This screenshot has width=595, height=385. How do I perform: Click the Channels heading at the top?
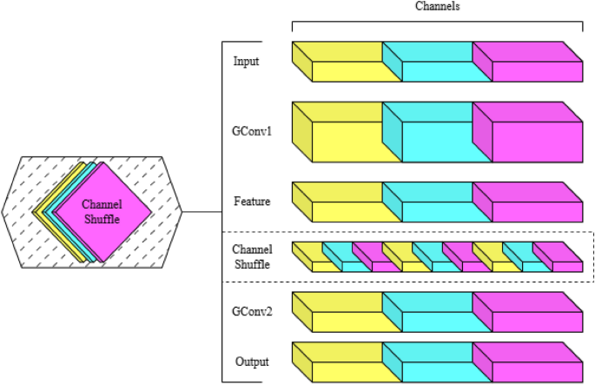click(x=436, y=6)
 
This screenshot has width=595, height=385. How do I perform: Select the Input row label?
click(x=247, y=62)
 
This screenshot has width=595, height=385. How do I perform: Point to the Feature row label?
click(x=251, y=202)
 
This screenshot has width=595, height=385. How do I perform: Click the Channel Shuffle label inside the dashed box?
click(x=252, y=256)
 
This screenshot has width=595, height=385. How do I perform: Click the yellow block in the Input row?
click(x=346, y=70)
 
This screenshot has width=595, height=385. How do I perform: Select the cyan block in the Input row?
click(x=437, y=70)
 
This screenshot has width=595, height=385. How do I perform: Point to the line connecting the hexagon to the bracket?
click(x=206, y=212)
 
